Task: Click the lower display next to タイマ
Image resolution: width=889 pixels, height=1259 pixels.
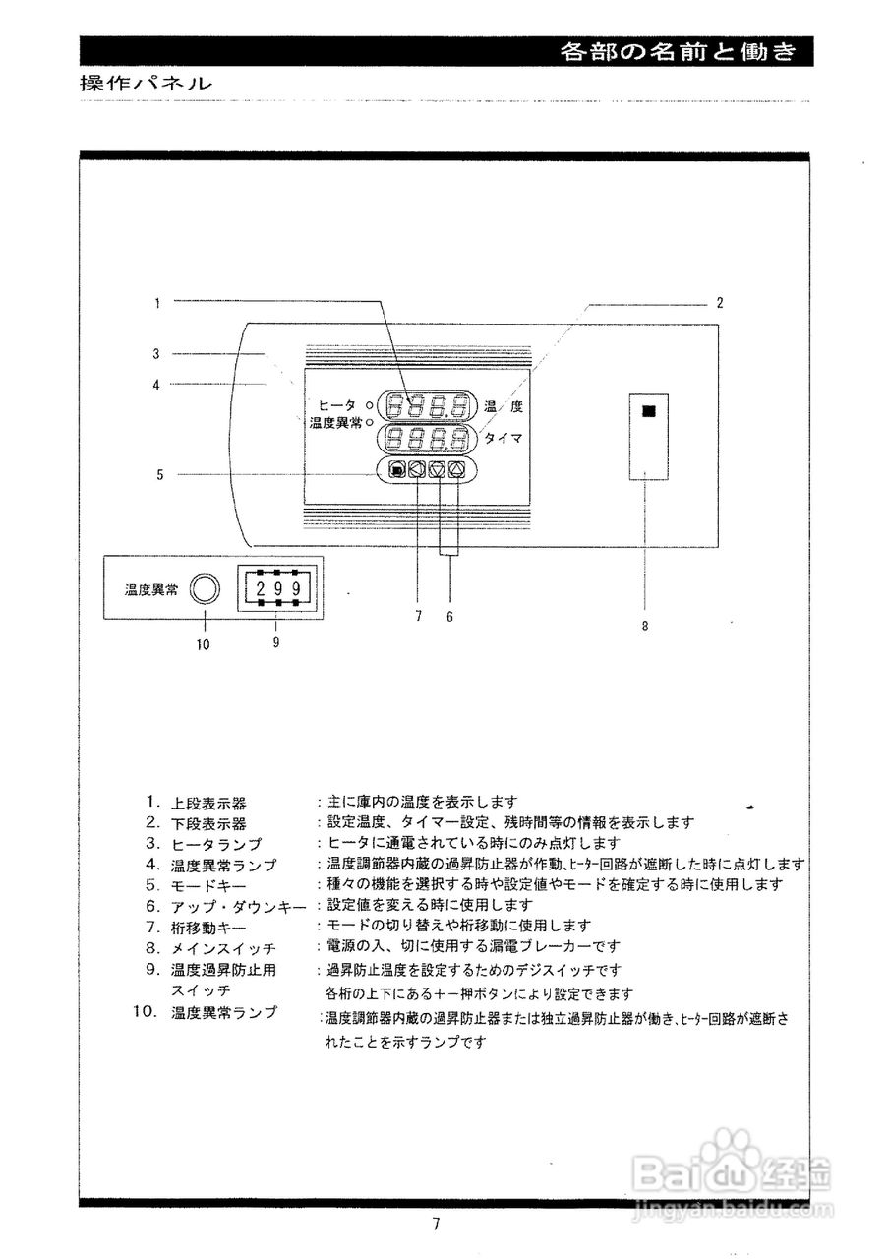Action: click(x=426, y=438)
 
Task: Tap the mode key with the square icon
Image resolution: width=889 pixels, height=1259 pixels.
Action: click(x=395, y=470)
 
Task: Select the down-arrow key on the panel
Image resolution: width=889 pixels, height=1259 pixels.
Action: click(x=438, y=470)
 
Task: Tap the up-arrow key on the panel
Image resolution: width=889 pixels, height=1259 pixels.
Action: click(x=457, y=470)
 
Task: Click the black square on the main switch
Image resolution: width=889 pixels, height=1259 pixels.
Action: click(x=647, y=412)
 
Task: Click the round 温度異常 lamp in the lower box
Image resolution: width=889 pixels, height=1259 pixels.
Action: click(x=205, y=589)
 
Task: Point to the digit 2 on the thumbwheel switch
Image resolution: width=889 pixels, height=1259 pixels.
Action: click(x=261, y=589)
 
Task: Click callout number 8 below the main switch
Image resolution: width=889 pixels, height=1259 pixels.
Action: click(x=645, y=625)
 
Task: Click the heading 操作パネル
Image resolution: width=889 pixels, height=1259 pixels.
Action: click(x=146, y=85)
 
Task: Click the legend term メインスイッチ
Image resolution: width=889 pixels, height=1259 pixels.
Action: click(x=223, y=948)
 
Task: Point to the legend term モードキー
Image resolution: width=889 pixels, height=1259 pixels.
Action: click(x=210, y=885)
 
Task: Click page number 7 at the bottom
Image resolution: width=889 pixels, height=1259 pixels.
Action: click(x=435, y=1225)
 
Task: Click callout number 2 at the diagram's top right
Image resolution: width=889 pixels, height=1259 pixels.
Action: click(x=720, y=303)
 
